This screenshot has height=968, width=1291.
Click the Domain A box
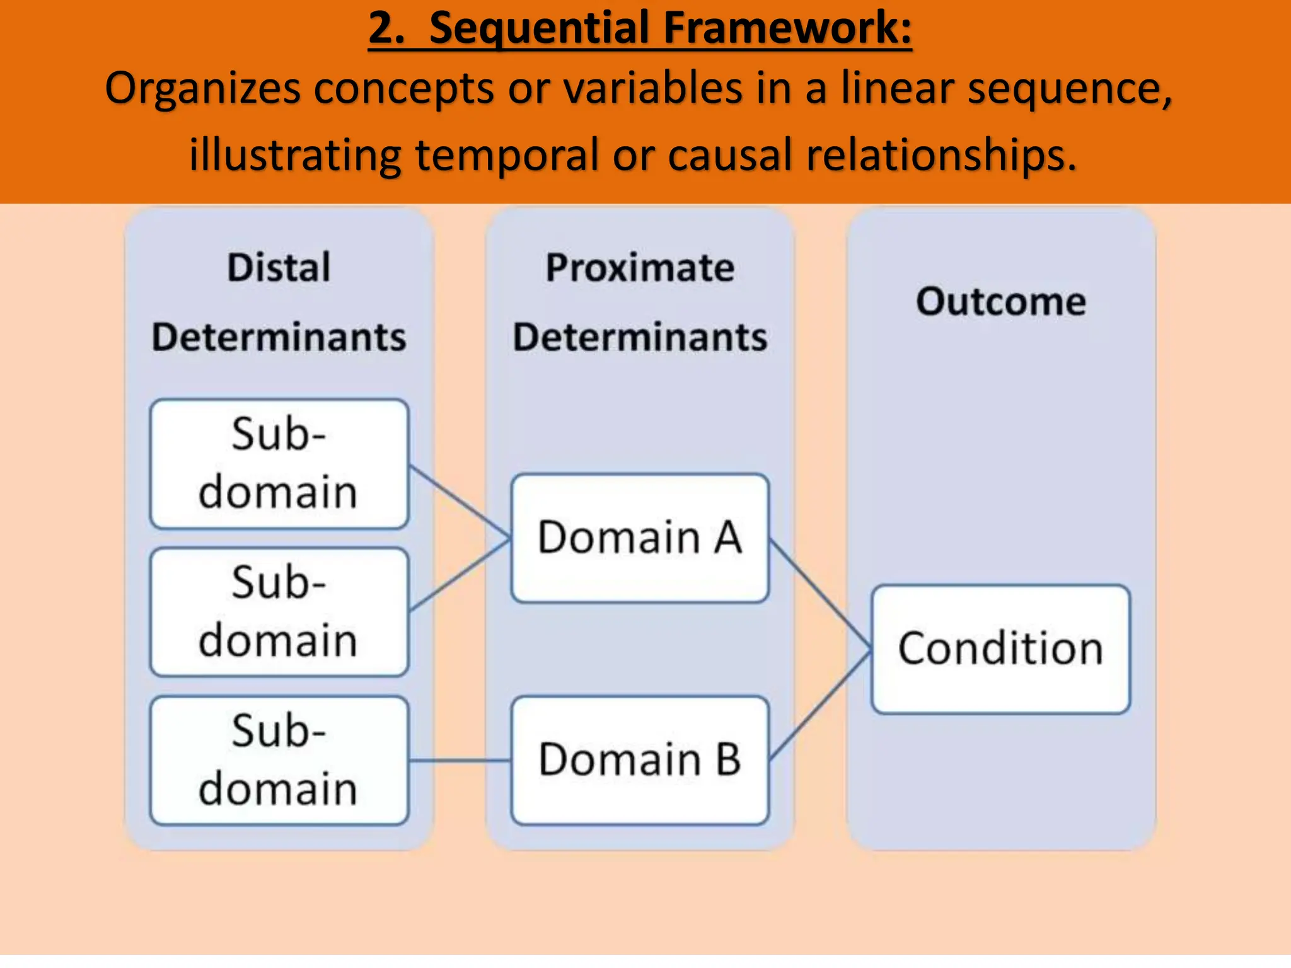tap(640, 538)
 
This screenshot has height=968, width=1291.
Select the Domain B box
tap(640, 760)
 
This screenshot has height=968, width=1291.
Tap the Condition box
tap(1000, 649)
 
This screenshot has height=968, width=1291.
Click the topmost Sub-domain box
tap(279, 464)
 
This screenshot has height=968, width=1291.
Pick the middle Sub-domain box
tap(279, 612)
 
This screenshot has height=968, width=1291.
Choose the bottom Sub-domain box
tap(279, 760)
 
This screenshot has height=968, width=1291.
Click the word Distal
tap(279, 267)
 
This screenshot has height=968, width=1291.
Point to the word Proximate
tap(640, 267)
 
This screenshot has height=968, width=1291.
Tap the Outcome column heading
tap(1000, 301)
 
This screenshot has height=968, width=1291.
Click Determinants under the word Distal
tap(279, 337)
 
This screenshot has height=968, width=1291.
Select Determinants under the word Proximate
tap(640, 337)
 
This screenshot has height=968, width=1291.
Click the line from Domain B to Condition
tap(819, 705)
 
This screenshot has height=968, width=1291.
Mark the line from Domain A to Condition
tap(819, 594)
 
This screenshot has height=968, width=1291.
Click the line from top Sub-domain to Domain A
tap(459, 502)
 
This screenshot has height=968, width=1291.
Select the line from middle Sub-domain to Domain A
tap(459, 575)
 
